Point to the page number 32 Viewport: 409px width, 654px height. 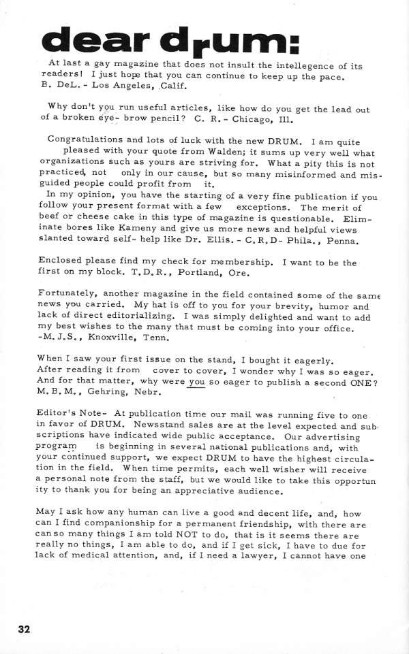point(25,628)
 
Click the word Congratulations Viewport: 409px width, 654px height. point(89,140)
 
